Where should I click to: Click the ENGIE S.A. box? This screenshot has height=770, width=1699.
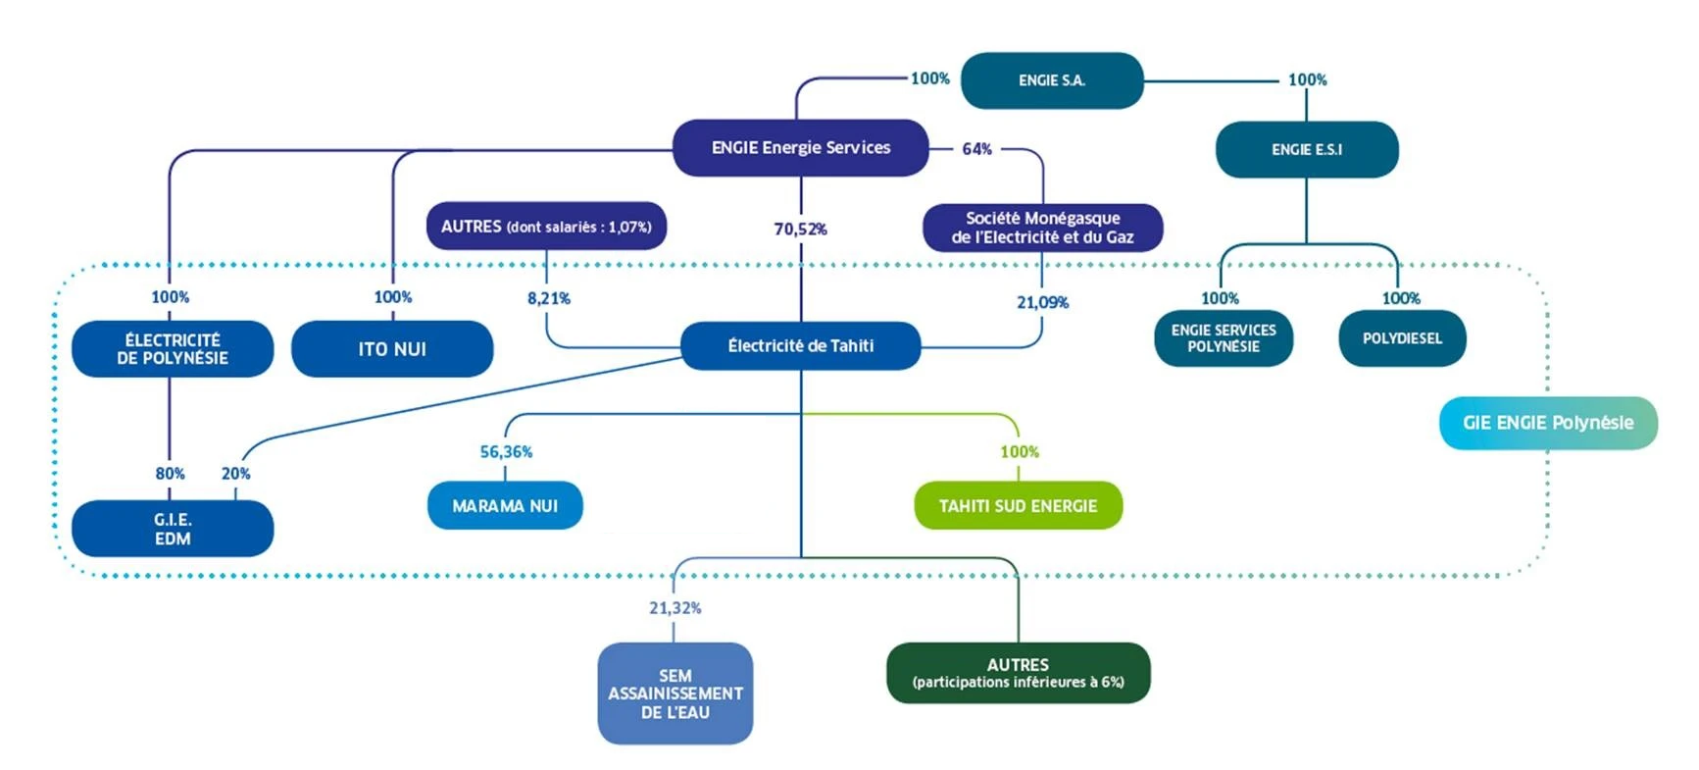(1051, 80)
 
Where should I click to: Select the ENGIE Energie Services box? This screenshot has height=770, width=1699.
(800, 148)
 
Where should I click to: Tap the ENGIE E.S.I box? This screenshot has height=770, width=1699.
(1306, 149)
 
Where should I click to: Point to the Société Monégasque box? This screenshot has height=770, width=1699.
(1042, 228)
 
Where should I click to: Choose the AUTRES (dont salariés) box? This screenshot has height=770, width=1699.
(546, 227)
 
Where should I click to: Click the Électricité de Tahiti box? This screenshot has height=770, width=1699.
(800, 345)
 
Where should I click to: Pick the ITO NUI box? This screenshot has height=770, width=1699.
(392, 349)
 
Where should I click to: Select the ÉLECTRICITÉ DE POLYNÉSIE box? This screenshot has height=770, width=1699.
(173, 349)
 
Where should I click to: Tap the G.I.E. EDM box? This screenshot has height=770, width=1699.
(173, 529)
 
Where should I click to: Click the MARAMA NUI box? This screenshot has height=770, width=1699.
(505, 506)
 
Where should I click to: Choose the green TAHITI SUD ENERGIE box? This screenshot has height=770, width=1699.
(1018, 506)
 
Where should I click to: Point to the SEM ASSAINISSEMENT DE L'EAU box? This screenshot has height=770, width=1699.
(675, 693)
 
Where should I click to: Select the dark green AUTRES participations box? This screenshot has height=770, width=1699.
(1018, 673)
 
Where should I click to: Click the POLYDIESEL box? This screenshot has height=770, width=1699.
(1402, 338)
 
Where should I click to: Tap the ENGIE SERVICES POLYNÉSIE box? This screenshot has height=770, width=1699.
(1224, 338)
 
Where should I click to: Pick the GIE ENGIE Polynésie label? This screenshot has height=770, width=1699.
(1548, 423)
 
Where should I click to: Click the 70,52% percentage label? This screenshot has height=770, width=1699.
(800, 229)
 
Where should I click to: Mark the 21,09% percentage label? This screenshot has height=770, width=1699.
(1042, 302)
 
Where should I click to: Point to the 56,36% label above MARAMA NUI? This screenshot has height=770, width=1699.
(506, 452)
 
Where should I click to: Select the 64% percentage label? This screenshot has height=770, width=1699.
(976, 149)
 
